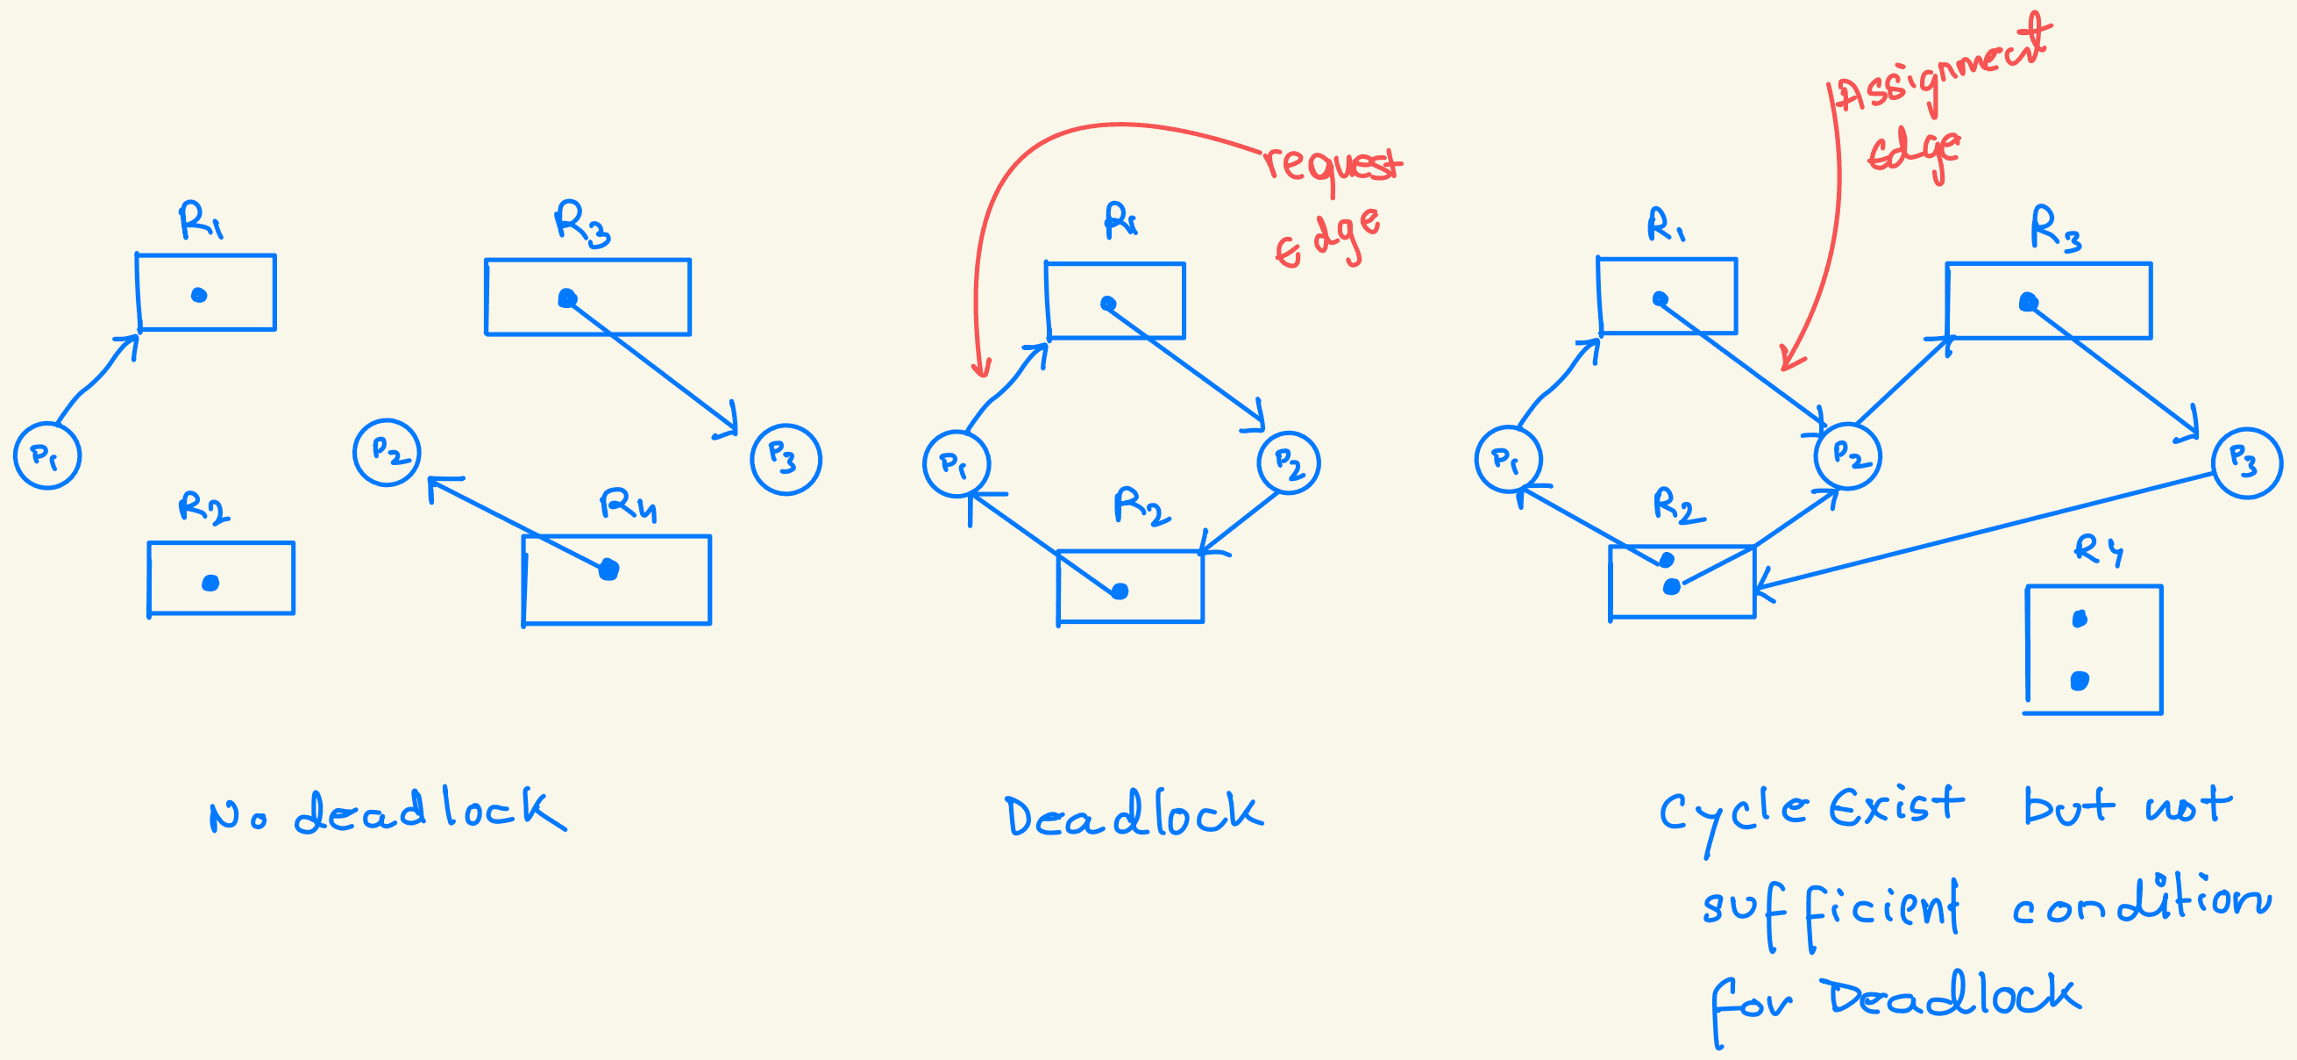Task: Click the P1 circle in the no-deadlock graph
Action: coord(47,455)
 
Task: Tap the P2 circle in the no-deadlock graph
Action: coord(387,453)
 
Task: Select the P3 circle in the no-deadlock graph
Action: coord(786,459)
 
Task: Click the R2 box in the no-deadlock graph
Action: coord(221,578)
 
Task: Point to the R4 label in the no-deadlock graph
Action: coord(629,505)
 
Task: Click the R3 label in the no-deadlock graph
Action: coord(582,223)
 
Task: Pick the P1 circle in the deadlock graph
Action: coord(956,464)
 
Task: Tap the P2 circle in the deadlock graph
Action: coord(1289,463)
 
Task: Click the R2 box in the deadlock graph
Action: coord(1130,586)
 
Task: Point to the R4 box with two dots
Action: coord(2093,649)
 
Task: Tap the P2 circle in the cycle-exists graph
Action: coord(1847,456)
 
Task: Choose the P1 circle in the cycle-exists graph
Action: coord(1508,460)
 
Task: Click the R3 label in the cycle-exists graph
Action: coord(2055,228)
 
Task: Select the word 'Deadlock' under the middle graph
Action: coord(1134,813)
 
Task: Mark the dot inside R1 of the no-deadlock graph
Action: coord(199,296)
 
